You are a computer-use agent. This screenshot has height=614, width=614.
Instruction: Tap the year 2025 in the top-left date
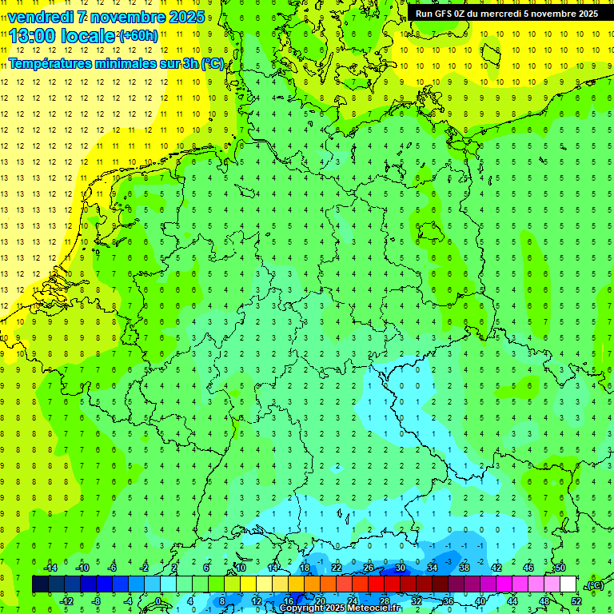coord(183,17)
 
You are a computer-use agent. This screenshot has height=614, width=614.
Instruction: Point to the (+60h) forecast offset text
coord(138,36)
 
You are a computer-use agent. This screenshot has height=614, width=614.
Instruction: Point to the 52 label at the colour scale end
coord(576,600)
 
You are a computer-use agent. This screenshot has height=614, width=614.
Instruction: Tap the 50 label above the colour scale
coord(560,568)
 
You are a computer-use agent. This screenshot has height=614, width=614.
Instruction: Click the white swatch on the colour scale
coord(568,584)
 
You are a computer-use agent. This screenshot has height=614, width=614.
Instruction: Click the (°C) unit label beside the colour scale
coord(593,585)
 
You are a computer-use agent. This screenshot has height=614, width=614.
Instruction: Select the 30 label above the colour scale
coord(400,568)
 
